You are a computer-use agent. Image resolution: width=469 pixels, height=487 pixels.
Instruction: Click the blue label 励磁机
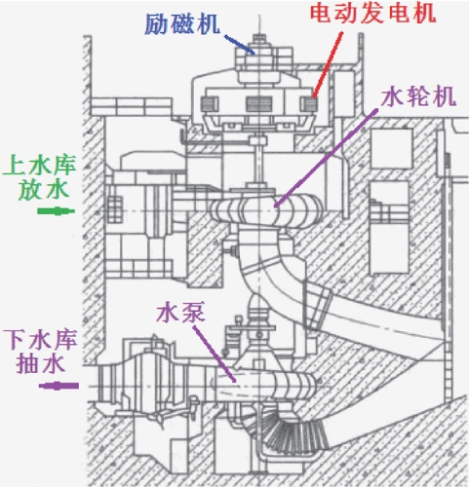(182, 24)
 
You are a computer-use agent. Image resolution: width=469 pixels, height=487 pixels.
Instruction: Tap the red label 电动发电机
(372, 14)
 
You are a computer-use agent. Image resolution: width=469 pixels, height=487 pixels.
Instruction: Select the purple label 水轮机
(418, 96)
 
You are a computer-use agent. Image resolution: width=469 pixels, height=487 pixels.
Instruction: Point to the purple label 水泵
(180, 313)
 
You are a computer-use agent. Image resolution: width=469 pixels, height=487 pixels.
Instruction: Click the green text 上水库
(39, 166)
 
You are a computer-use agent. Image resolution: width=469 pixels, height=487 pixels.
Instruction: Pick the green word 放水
(44, 189)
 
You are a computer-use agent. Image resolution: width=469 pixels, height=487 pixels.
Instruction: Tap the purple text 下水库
(40, 340)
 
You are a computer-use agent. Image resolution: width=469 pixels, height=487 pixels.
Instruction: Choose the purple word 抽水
(41, 363)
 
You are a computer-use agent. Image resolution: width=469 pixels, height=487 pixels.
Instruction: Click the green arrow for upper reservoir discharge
(57, 211)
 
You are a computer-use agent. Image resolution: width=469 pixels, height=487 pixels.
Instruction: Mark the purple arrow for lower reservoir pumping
(59, 386)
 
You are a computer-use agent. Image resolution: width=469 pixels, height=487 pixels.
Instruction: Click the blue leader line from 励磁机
(239, 44)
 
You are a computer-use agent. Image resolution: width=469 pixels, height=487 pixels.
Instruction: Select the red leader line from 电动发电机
(327, 64)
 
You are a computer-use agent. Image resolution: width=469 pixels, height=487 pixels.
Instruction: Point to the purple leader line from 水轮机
(326, 158)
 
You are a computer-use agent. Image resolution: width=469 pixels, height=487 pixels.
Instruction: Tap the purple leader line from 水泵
(215, 354)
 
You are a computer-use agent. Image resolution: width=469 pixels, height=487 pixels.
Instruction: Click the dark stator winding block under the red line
(310, 104)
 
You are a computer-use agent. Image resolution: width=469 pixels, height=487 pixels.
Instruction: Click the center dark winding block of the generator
(258, 104)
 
